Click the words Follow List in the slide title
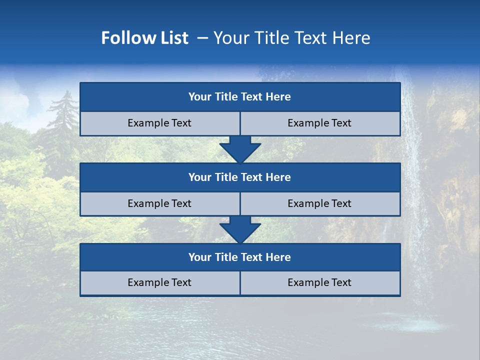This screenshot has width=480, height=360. [144, 38]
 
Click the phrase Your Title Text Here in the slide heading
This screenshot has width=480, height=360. [292, 38]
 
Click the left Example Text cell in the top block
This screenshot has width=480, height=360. [159, 123]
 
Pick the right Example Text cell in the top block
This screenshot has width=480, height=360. [320, 123]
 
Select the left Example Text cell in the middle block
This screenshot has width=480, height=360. [159, 203]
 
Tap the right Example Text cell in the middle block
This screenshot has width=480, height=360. [320, 203]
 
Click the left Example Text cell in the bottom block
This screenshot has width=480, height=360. [159, 282]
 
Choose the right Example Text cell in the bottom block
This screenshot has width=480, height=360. [320, 282]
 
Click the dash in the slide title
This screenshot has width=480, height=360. [203, 38]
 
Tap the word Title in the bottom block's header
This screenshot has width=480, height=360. [226, 257]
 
